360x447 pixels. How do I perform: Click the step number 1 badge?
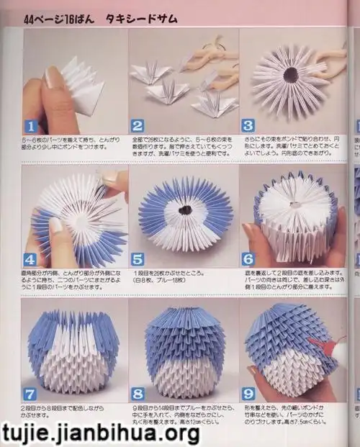point(31,130)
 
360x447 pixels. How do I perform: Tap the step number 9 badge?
point(248,393)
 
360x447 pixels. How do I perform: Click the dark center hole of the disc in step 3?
point(292,74)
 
